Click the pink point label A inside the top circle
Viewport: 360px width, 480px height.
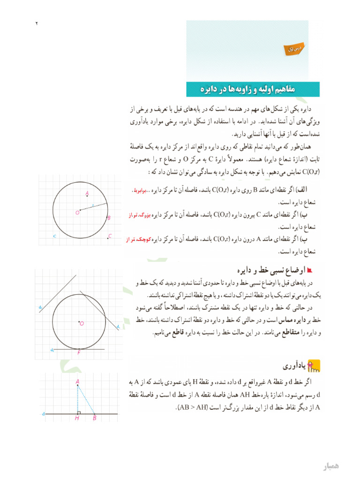(x=87, y=193)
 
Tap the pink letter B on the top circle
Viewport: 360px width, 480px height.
(x=109, y=218)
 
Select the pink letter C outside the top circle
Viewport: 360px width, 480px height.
(x=110, y=236)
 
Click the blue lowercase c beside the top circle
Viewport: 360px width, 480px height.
(x=54, y=236)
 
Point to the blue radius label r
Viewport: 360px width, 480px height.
(x=93, y=205)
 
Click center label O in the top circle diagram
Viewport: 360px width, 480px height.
(x=77, y=212)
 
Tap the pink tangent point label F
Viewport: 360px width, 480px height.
(x=79, y=352)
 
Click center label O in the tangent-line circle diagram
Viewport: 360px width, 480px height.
(x=82, y=323)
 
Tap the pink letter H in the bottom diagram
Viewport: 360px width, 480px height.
(x=77, y=418)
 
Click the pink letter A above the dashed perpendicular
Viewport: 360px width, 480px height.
(x=77, y=382)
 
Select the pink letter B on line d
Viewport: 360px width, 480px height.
(x=94, y=418)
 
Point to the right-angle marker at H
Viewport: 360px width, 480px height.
(x=79, y=412)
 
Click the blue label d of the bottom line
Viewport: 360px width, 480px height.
(x=43, y=414)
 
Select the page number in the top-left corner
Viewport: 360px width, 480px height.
(x=36, y=23)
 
